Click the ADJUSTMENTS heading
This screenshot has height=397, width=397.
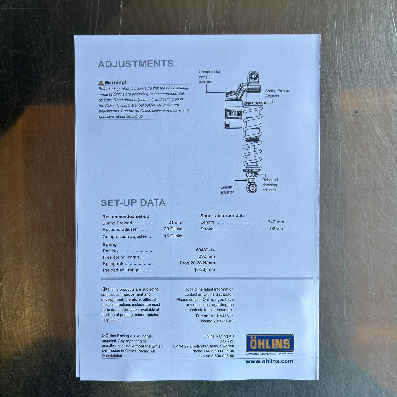136,64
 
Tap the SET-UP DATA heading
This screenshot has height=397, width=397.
133,203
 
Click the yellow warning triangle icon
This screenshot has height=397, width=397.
101,83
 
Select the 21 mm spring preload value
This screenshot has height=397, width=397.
175,222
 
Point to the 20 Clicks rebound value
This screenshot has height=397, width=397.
173,229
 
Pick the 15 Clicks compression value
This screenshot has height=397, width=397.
173,236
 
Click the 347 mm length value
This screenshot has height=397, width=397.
276,222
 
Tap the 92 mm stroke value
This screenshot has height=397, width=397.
277,229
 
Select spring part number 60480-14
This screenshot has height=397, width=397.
205,250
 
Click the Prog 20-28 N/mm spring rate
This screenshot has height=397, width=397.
197,263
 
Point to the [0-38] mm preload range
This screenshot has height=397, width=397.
205,269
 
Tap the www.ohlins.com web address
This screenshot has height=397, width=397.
269,361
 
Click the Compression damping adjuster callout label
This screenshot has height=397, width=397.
210,77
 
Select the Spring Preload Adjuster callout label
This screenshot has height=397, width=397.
277,93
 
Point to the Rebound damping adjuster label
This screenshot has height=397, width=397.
270,185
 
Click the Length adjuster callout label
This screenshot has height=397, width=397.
227,190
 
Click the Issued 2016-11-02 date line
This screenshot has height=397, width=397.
220,321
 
